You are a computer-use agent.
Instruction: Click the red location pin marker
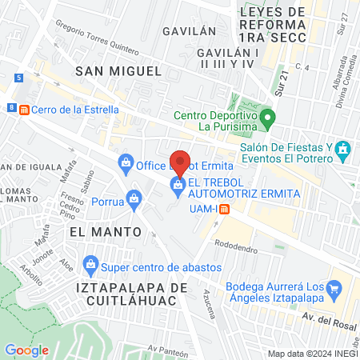[x=181, y=163]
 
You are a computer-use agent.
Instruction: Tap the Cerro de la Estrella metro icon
[x=25, y=110]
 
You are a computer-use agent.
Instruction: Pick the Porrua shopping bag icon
[x=135, y=198]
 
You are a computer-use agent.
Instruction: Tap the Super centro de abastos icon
[x=90, y=263]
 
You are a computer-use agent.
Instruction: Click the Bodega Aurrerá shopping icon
[x=336, y=287]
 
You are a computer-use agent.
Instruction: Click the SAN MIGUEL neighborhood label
[x=118, y=71]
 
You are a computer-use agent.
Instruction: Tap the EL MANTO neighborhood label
[x=105, y=231]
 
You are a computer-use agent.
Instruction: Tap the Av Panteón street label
[x=167, y=349]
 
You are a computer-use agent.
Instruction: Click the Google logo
[x=26, y=350]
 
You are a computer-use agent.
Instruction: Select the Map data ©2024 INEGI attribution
[x=312, y=354]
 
